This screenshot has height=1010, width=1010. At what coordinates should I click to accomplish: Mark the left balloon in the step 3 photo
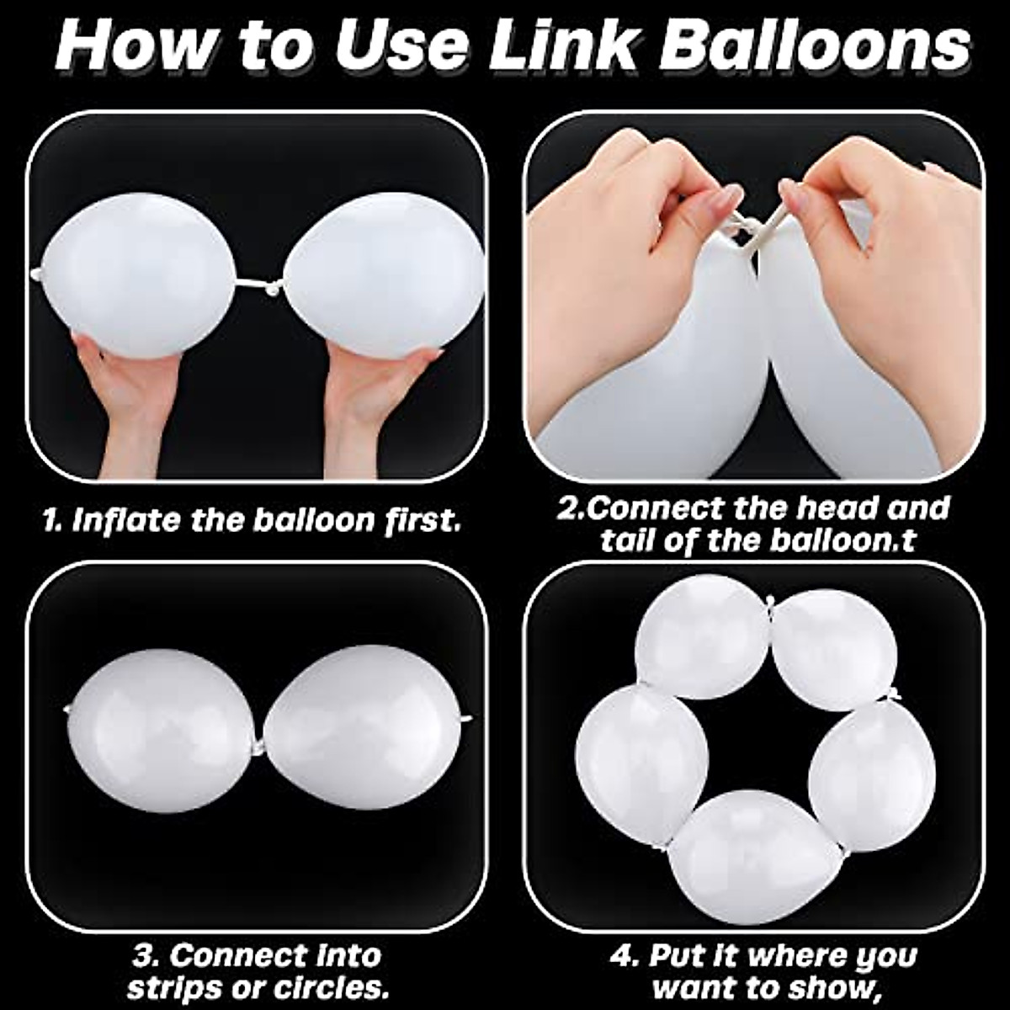tap(164, 731)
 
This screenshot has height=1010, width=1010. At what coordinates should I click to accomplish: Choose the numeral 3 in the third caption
tap(143, 956)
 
